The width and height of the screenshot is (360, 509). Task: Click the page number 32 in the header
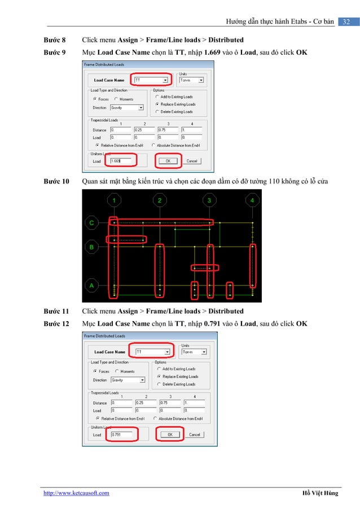coord(347,21)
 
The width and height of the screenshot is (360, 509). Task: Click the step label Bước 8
coord(55,41)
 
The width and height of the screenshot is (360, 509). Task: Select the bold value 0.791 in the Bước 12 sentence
coord(214,323)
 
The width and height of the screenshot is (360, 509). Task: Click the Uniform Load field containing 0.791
coord(123,435)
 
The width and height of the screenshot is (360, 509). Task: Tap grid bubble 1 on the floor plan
coord(115,200)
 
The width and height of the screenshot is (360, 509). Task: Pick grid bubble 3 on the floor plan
coord(210,200)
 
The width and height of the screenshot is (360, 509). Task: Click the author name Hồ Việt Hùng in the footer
coord(320,493)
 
